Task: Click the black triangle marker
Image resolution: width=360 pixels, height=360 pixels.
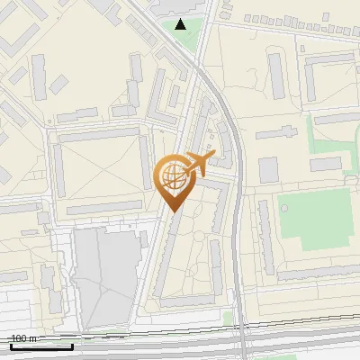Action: (181, 24)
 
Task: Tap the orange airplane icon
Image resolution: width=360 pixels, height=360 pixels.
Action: (200, 163)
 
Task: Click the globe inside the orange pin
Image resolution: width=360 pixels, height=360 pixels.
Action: (172, 177)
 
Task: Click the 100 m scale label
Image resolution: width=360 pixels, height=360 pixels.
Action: (23, 338)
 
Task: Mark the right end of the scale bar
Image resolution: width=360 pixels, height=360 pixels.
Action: (73, 346)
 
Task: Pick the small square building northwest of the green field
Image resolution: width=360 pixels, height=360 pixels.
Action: (269, 169)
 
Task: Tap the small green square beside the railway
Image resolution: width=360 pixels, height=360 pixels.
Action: (228, 318)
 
